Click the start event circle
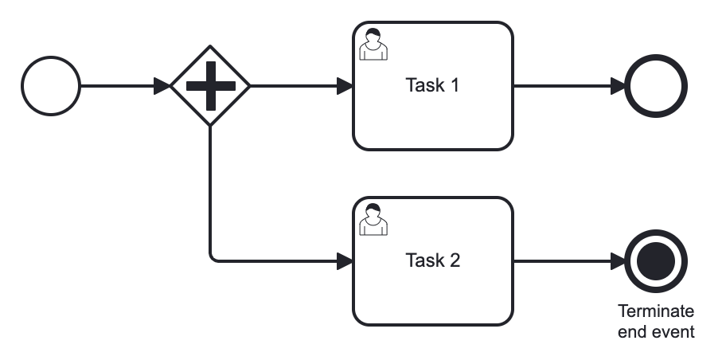click(51, 85)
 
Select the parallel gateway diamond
click(210, 85)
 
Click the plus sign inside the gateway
click(210, 85)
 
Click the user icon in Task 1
click(373, 45)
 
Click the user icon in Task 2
click(373, 220)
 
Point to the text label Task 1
click(432, 85)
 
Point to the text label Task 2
click(432, 260)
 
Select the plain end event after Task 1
click(656, 85)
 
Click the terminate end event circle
click(656, 260)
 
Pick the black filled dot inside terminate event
click(656, 260)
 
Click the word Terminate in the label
click(656, 311)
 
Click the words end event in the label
click(656, 331)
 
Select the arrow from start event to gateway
click(123, 85)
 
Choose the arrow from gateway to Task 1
click(299, 85)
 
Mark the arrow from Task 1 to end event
click(565, 85)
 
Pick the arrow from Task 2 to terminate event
click(565, 260)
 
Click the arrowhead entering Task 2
click(345, 260)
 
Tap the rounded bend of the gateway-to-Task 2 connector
click(213, 257)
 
